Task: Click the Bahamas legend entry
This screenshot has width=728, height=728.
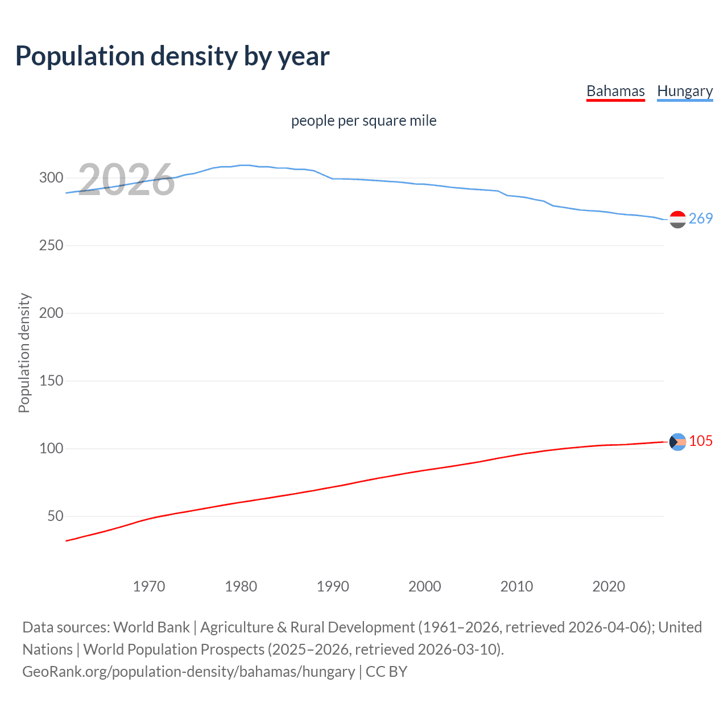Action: [x=615, y=91]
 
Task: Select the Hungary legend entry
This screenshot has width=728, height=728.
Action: [x=685, y=91]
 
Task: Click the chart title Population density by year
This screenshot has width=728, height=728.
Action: [x=172, y=56]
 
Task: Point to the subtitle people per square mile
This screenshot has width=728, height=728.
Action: [x=363, y=121]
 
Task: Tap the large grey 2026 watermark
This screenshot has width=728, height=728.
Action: [x=126, y=180]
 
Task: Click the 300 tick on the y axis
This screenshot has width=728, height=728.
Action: [x=51, y=177]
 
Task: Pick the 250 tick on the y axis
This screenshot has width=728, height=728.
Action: [x=51, y=245]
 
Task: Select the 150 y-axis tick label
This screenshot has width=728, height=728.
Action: [x=51, y=380]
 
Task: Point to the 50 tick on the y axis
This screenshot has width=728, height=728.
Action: [x=55, y=516]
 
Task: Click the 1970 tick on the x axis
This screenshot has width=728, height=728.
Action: [x=149, y=586]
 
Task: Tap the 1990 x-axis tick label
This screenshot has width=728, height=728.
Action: [x=333, y=586]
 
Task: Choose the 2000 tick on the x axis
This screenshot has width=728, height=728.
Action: [x=425, y=586]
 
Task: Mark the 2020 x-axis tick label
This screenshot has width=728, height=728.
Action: [x=609, y=586]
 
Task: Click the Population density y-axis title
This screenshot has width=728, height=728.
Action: [x=24, y=353]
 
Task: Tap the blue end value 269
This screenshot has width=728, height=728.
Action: [x=701, y=218]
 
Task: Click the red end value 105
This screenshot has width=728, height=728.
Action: [x=701, y=441]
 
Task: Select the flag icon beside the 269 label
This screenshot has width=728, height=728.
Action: [x=677, y=220]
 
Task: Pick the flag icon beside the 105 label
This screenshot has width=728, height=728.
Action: [x=677, y=442]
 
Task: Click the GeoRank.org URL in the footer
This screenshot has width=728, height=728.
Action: [x=188, y=671]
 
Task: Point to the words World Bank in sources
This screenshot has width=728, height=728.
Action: [x=151, y=627]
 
